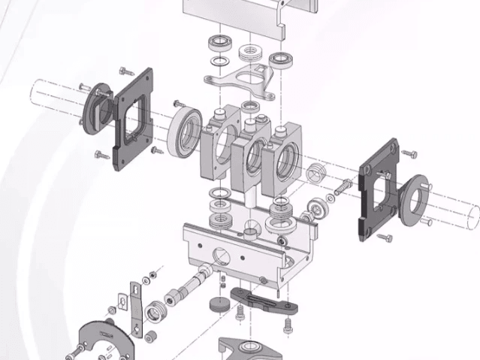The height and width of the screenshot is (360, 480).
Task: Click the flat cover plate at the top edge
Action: (x=240, y=19)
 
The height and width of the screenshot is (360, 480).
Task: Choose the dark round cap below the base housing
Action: (x=219, y=304)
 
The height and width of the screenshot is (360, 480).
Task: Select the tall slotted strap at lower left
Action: (x=135, y=309)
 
